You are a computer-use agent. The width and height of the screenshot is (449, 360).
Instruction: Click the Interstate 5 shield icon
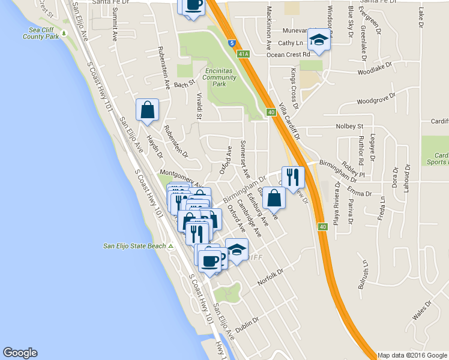tap(232, 43)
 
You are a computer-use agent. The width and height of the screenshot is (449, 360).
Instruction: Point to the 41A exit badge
tap(243, 54)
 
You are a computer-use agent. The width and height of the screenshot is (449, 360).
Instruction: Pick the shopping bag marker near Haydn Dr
tap(147, 110)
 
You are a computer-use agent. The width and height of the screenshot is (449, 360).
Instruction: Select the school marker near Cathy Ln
tap(319, 41)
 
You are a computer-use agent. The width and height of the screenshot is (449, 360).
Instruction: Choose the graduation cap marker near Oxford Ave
tap(237, 249)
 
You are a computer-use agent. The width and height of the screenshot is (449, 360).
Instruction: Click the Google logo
tap(20, 353)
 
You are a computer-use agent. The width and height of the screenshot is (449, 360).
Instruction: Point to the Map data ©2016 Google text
tap(412, 355)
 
